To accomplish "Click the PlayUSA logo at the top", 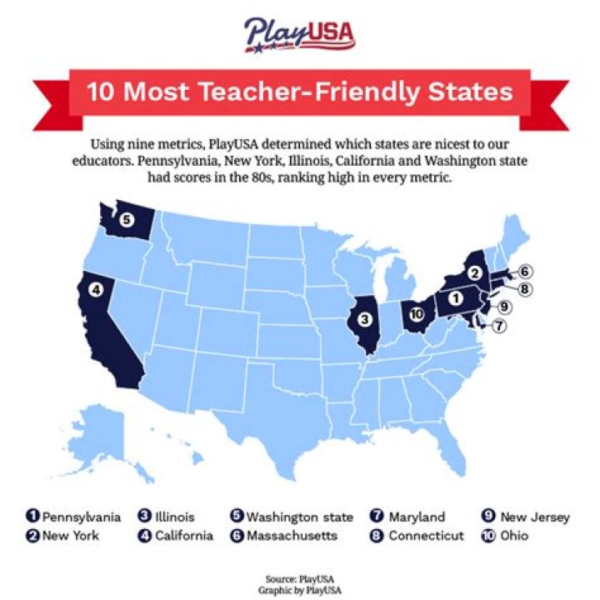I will pos(299,34).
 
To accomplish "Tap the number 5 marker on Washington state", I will pos(126,220).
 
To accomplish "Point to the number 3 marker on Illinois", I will pos(363,318).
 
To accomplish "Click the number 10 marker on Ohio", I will pos(417,313).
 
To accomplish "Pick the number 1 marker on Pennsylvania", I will pos(456,297).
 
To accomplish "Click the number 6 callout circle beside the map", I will pos(525,272).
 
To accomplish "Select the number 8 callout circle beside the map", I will pos(525,289).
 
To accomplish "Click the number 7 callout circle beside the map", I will pos(498,326).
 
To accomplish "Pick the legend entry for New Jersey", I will pos(526,517).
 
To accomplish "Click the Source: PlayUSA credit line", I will pos(300,576).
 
